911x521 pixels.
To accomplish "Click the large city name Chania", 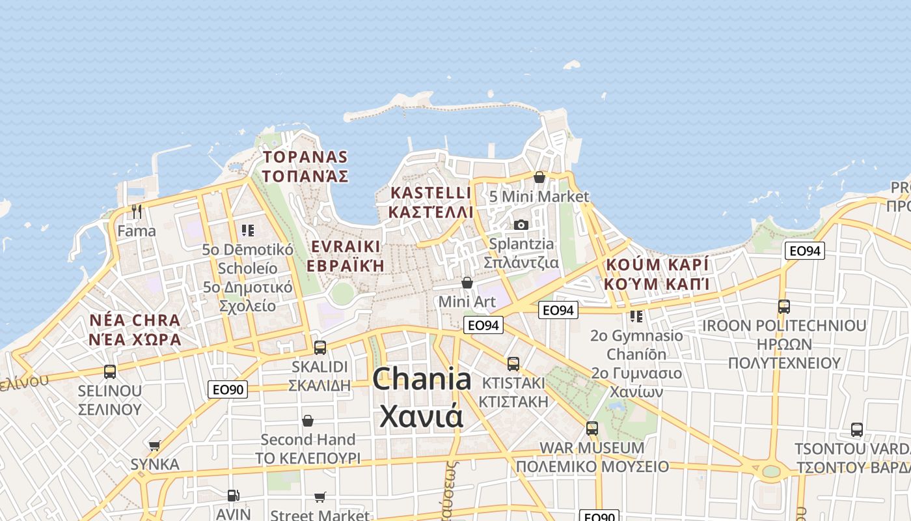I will click(422, 379).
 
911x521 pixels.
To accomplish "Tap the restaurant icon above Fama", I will click(137, 211).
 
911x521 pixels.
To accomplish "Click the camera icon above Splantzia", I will click(521, 225).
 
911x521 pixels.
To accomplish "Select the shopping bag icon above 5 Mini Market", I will click(539, 176).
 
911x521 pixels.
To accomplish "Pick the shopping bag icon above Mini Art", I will click(467, 282).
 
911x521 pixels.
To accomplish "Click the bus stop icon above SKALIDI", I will click(320, 347).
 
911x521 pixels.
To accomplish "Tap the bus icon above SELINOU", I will click(110, 372).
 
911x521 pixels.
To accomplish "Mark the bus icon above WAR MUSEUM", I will click(591, 428).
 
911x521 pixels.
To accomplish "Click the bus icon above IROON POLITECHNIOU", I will click(783, 306).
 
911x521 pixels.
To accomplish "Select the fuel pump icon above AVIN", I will click(233, 496).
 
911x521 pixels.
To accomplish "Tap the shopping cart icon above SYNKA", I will click(154, 445).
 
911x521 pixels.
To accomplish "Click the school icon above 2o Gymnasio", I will click(636, 317).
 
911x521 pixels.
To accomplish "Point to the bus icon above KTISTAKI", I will click(513, 363).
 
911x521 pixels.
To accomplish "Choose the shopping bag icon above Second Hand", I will click(307, 421).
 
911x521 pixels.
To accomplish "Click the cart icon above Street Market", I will click(320, 497).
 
